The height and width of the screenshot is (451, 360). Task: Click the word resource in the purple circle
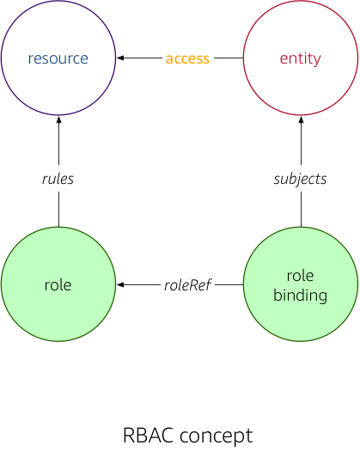click(x=58, y=58)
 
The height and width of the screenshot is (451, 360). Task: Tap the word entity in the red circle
click(x=301, y=58)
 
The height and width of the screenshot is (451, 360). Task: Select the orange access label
click(x=187, y=58)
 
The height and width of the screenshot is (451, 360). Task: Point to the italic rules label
click(x=58, y=179)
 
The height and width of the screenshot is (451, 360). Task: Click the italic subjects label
click(x=300, y=180)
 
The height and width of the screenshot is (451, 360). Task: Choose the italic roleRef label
click(x=188, y=285)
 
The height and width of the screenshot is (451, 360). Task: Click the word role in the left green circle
click(x=58, y=285)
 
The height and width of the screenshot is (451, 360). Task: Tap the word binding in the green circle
click(x=300, y=296)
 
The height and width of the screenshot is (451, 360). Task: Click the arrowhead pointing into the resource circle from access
click(x=120, y=58)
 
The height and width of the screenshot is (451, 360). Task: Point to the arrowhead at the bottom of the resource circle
click(x=59, y=119)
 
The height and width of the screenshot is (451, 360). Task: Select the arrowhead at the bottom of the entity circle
click(x=302, y=119)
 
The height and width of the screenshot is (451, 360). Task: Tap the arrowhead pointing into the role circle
click(x=120, y=284)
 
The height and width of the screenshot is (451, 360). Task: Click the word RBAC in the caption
click(x=147, y=436)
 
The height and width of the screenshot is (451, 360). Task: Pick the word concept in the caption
click(x=217, y=436)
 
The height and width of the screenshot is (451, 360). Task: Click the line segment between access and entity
click(x=229, y=58)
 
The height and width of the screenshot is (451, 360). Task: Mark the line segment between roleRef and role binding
click(x=229, y=284)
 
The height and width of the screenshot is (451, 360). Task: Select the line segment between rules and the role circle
click(x=59, y=209)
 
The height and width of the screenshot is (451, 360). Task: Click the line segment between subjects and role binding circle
click(x=302, y=209)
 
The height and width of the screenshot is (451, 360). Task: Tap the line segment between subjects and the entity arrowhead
click(x=302, y=143)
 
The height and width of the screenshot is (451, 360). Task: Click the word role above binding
click(x=300, y=276)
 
